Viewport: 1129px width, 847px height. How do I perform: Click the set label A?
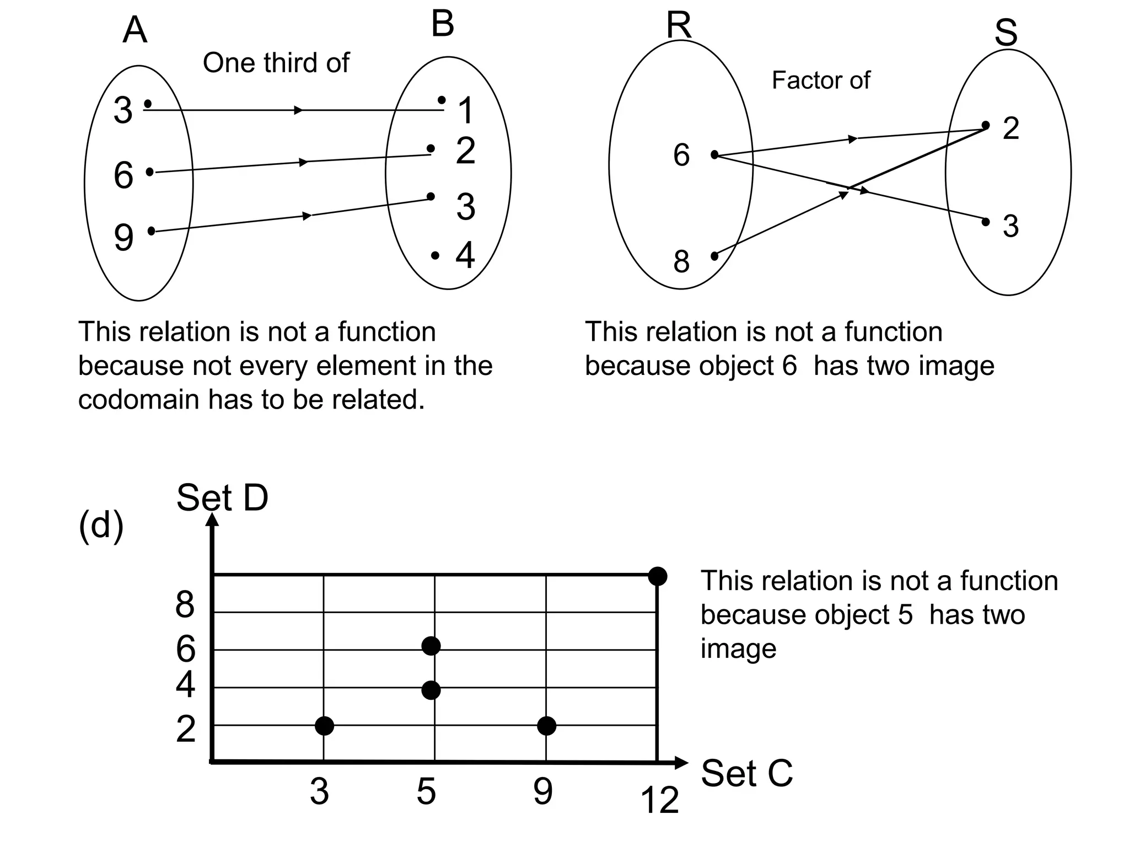[x=135, y=30]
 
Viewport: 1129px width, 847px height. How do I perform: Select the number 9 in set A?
[x=124, y=237]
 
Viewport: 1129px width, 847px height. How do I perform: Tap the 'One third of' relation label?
[x=276, y=63]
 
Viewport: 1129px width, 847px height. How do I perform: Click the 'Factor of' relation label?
[x=820, y=81]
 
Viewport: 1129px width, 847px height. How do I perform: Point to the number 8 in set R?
[x=681, y=261]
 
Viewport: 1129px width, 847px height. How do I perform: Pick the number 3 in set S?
[x=1010, y=226]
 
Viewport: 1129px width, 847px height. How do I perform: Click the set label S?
[x=1006, y=33]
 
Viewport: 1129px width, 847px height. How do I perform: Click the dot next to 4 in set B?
[x=435, y=255]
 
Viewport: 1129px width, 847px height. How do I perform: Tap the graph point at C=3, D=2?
[x=324, y=726]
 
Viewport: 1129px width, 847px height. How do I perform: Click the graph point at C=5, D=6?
[x=431, y=646]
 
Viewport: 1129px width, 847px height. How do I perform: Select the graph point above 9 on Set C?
[x=546, y=726]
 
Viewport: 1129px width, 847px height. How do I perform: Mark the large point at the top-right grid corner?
[x=657, y=576]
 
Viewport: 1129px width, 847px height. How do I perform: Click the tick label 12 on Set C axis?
[x=659, y=800]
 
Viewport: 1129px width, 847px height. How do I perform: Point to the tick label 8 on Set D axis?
[x=185, y=604]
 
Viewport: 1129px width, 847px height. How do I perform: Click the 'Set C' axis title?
[x=746, y=773]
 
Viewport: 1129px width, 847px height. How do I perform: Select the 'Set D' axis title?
[x=222, y=497]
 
